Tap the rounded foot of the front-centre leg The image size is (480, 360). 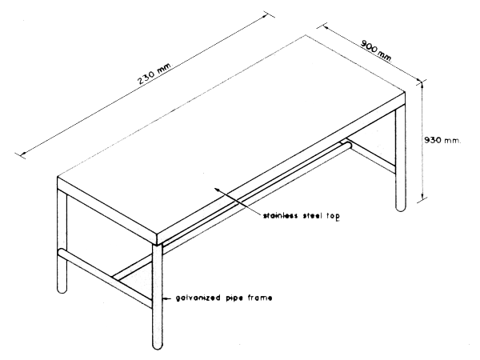point(158,343)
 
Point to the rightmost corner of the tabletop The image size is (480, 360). point(407,94)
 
